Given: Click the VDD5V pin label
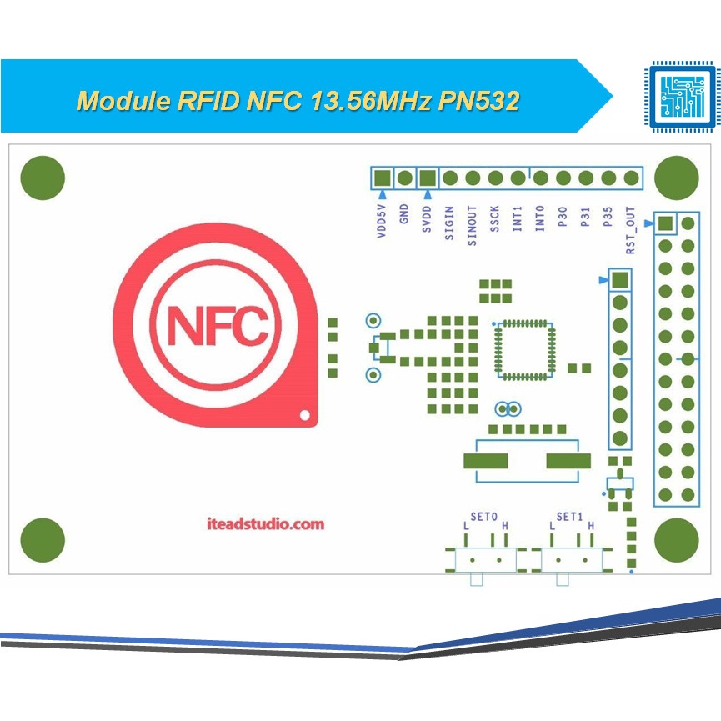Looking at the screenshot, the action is click(383, 223).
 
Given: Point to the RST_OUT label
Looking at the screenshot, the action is click(631, 231).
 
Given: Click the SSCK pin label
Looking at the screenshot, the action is click(495, 220).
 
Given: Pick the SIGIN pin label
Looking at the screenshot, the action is click(450, 223).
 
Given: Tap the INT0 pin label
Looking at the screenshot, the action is click(540, 220).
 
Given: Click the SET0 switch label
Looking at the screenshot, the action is click(483, 517).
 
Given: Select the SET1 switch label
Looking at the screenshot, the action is click(569, 517).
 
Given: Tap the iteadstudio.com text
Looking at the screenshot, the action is click(264, 524).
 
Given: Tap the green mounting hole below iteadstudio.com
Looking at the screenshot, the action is click(43, 540).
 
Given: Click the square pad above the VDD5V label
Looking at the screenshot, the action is click(383, 178).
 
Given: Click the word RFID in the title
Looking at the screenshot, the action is click(208, 101).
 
